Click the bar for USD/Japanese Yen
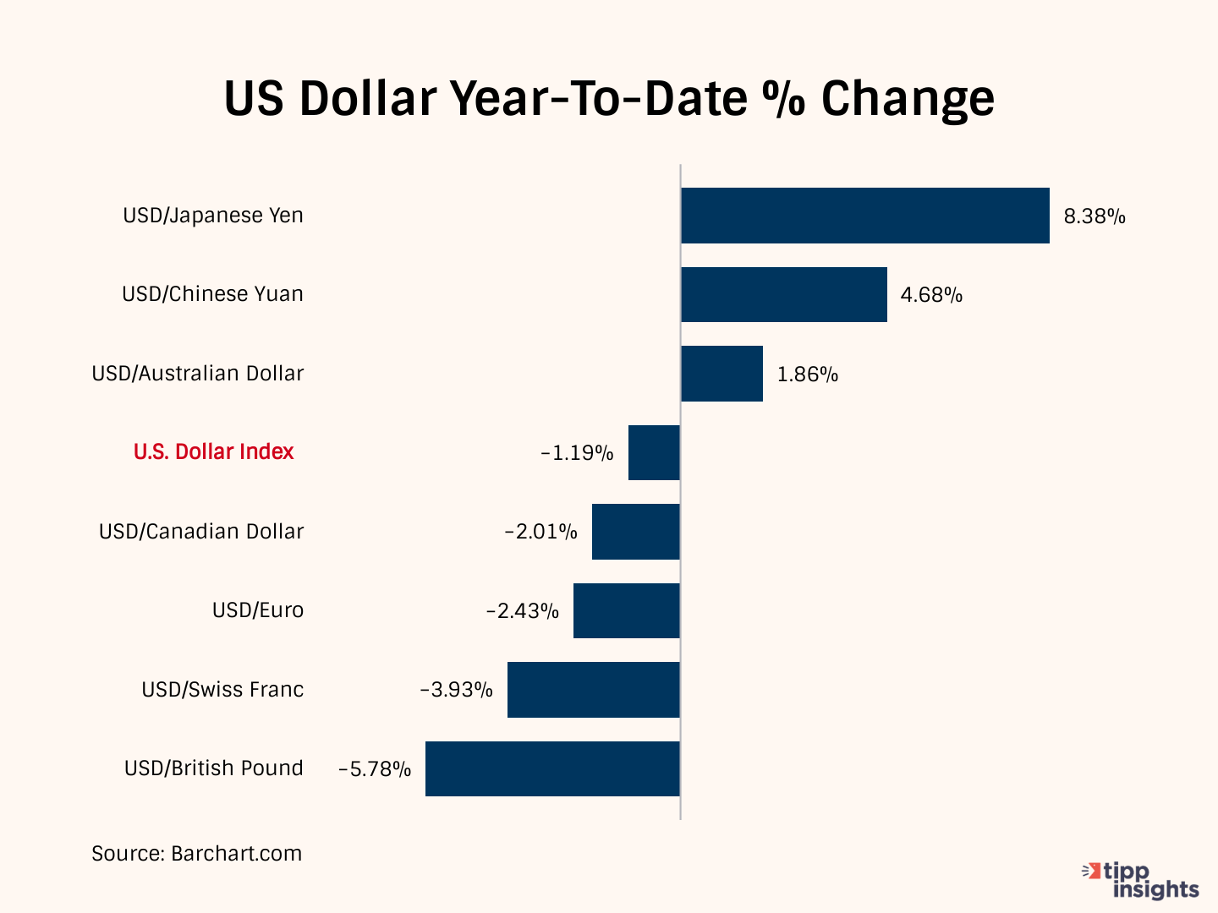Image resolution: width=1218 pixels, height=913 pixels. click(865, 216)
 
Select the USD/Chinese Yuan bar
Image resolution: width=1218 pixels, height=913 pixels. click(784, 294)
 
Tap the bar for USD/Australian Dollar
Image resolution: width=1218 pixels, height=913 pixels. click(721, 374)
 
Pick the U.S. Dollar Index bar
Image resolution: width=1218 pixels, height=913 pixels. click(654, 452)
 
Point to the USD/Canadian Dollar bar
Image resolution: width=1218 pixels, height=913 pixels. click(635, 532)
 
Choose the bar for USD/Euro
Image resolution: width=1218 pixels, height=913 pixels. click(626, 610)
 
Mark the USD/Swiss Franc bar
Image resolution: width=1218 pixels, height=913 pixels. click(593, 690)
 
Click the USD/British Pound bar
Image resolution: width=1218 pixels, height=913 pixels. click(552, 768)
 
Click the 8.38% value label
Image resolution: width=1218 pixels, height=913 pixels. click(1095, 216)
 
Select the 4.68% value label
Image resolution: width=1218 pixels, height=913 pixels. click(931, 295)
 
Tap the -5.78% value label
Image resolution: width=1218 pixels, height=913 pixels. click(375, 769)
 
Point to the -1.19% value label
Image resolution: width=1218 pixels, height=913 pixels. click(577, 453)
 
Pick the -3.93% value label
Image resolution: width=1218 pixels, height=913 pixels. click(457, 691)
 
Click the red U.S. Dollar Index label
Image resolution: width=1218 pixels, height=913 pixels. click(213, 452)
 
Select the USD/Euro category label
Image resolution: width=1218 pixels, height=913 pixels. click(257, 610)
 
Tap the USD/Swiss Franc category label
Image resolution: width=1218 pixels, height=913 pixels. click(222, 690)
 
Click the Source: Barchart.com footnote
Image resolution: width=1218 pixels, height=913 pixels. click(196, 854)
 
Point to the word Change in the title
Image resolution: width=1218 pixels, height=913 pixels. click(908, 98)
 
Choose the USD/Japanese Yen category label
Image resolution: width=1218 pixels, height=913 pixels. click(213, 216)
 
